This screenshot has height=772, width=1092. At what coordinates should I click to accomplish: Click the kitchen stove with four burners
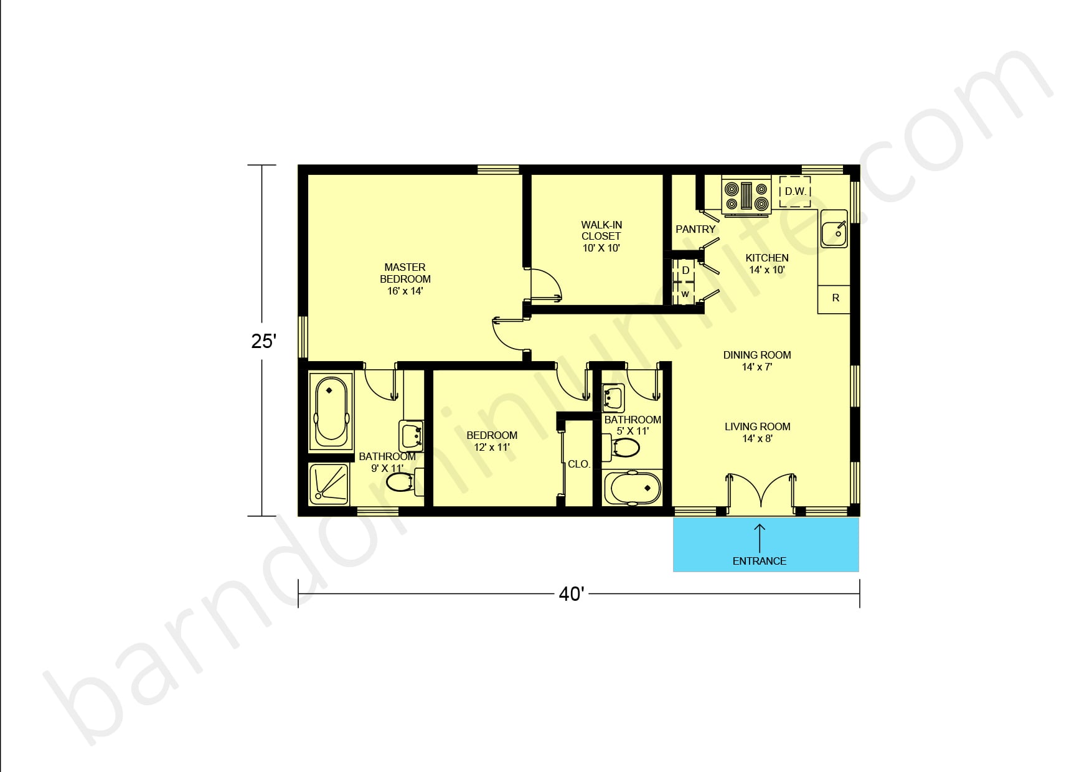pyautogui.click(x=746, y=195)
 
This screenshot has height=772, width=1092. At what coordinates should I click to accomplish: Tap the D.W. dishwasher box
pyautogui.click(x=795, y=192)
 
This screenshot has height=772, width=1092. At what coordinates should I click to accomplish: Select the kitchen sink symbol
pyautogui.click(x=833, y=228)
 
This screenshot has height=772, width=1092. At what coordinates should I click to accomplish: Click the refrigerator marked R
pyautogui.click(x=835, y=298)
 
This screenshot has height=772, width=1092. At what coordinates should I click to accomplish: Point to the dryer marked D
pyautogui.click(x=685, y=271)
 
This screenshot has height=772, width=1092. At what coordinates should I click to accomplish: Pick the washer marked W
pyautogui.click(x=685, y=294)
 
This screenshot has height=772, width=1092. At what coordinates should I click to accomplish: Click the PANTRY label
pyautogui.click(x=695, y=229)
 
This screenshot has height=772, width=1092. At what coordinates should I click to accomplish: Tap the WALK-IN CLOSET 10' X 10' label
pyautogui.click(x=601, y=236)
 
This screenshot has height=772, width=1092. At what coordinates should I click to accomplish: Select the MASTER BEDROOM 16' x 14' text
pyautogui.click(x=405, y=278)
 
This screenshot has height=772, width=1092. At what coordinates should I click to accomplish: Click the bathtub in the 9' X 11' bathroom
pyautogui.click(x=330, y=410)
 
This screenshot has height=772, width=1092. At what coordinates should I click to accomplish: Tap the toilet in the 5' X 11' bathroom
pyautogui.click(x=624, y=448)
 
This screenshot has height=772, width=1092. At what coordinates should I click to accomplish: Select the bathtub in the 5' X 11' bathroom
pyautogui.click(x=632, y=488)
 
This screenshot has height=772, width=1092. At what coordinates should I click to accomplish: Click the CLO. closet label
pyautogui.click(x=578, y=464)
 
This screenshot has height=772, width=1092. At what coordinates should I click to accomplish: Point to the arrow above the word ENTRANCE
pyautogui.click(x=760, y=536)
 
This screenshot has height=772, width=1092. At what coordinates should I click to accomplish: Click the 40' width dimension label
pyautogui.click(x=571, y=594)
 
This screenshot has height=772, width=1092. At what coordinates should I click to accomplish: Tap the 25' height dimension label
pyautogui.click(x=263, y=341)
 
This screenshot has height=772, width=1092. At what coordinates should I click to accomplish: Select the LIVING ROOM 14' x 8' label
pyautogui.click(x=757, y=432)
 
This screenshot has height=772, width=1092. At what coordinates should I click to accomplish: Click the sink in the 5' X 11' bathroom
pyautogui.click(x=613, y=397)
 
